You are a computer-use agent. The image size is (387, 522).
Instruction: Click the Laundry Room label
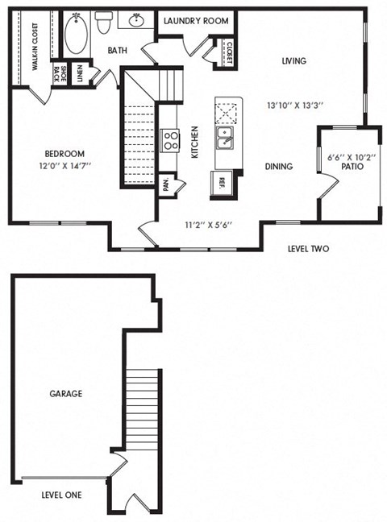[x=196, y=20]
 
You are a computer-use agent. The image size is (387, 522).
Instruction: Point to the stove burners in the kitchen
[x=170, y=141]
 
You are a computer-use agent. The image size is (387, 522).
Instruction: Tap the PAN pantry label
[x=165, y=184]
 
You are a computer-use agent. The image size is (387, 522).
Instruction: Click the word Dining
[x=279, y=167]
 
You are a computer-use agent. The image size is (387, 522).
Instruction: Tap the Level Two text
[x=308, y=249]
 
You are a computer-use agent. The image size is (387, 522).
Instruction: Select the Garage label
[x=65, y=394]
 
